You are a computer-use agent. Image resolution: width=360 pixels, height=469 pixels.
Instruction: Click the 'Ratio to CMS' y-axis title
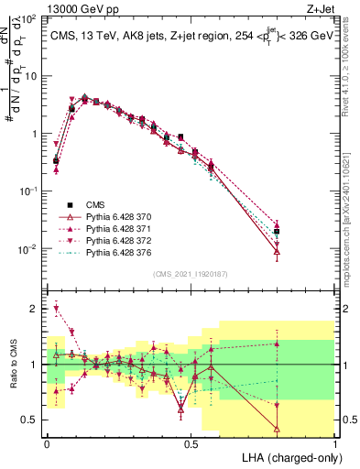(x=12, y=366)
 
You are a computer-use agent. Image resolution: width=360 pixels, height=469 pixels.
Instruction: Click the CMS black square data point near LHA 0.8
(x=277, y=232)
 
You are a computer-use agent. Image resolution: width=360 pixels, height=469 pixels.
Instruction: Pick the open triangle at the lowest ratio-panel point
(x=277, y=428)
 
